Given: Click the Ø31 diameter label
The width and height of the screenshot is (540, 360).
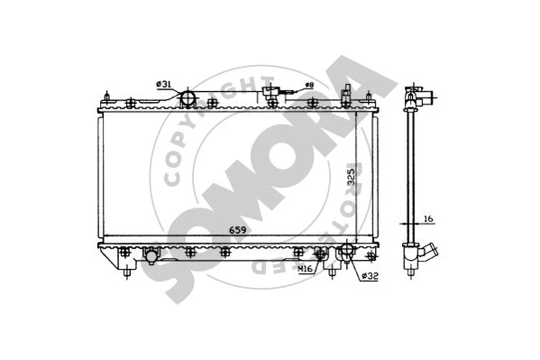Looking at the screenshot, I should point(163,84).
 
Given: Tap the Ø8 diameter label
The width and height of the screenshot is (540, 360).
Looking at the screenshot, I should point(307,85).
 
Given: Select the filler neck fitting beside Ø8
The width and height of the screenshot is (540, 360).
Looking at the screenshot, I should point(270,90).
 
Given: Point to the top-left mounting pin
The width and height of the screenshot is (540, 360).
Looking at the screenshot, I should point(108,97).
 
